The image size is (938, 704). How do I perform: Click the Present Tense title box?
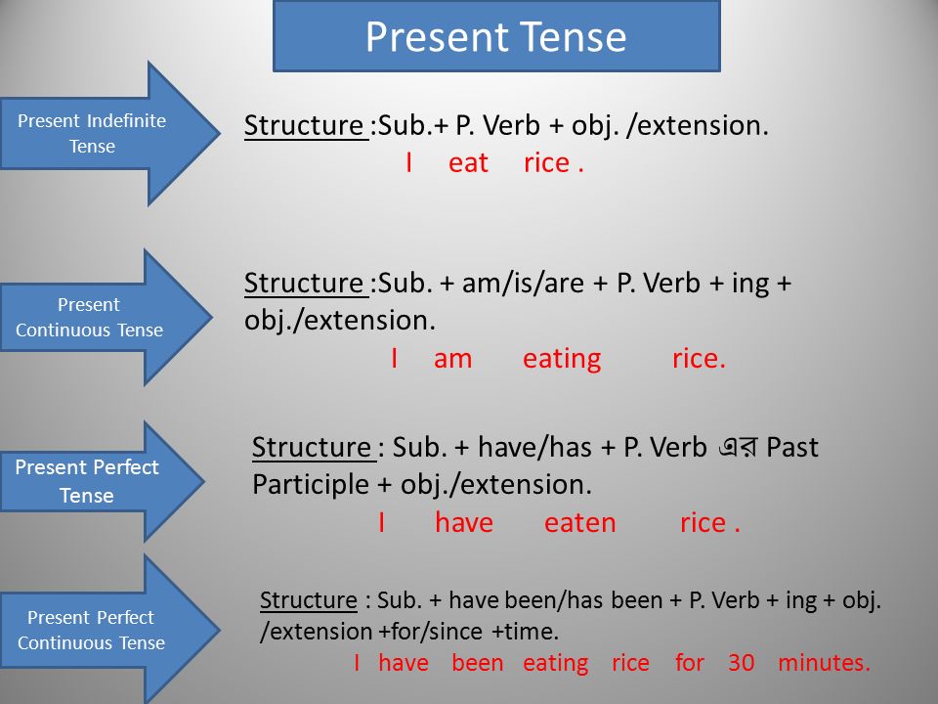(x=496, y=36)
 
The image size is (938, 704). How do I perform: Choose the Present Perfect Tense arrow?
(x=103, y=481)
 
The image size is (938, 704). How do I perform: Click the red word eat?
(x=468, y=163)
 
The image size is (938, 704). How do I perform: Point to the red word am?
(x=452, y=359)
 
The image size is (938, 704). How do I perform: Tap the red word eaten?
(x=579, y=523)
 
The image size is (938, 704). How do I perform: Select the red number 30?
(x=742, y=663)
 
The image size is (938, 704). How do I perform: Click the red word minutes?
(x=824, y=663)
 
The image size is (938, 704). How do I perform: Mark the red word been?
(x=478, y=663)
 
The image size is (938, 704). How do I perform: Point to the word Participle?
(x=311, y=485)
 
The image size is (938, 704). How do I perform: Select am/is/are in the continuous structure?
(x=523, y=283)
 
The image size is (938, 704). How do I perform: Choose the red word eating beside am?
(x=562, y=360)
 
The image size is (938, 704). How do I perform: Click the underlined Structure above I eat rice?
(x=306, y=126)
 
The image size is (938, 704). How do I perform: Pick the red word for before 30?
(x=689, y=663)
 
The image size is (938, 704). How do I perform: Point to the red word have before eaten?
(x=463, y=522)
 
